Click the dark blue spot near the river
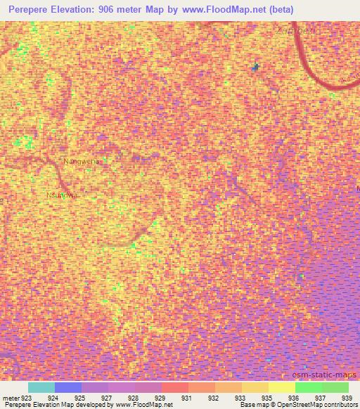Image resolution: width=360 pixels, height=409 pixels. (256, 67)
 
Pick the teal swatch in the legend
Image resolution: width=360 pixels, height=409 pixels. (41, 387)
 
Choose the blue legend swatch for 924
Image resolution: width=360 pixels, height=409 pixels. (68, 387)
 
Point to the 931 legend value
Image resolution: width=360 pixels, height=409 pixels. (186, 397)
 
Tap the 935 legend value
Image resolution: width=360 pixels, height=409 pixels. (266, 397)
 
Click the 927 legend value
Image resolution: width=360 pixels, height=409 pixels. (105, 397)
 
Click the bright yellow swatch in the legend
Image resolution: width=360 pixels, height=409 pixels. (282, 387)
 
